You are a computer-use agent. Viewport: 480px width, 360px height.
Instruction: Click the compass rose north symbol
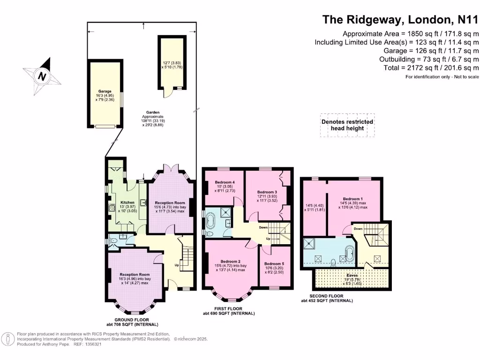(42, 75)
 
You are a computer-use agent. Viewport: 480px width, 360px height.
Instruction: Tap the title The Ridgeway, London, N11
(400, 20)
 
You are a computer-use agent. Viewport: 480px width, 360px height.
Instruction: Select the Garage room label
(104, 92)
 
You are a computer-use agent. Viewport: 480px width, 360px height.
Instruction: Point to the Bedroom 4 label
(224, 182)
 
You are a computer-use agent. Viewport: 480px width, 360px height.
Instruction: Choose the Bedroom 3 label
(267, 192)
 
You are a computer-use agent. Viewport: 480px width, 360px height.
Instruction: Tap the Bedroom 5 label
(274, 263)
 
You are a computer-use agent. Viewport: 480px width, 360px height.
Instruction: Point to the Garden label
(153, 112)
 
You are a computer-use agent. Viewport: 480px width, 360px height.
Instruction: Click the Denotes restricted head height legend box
(347, 125)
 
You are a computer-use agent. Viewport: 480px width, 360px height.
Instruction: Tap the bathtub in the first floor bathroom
(210, 220)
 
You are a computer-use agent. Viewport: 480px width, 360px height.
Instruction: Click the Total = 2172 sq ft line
(429, 68)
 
